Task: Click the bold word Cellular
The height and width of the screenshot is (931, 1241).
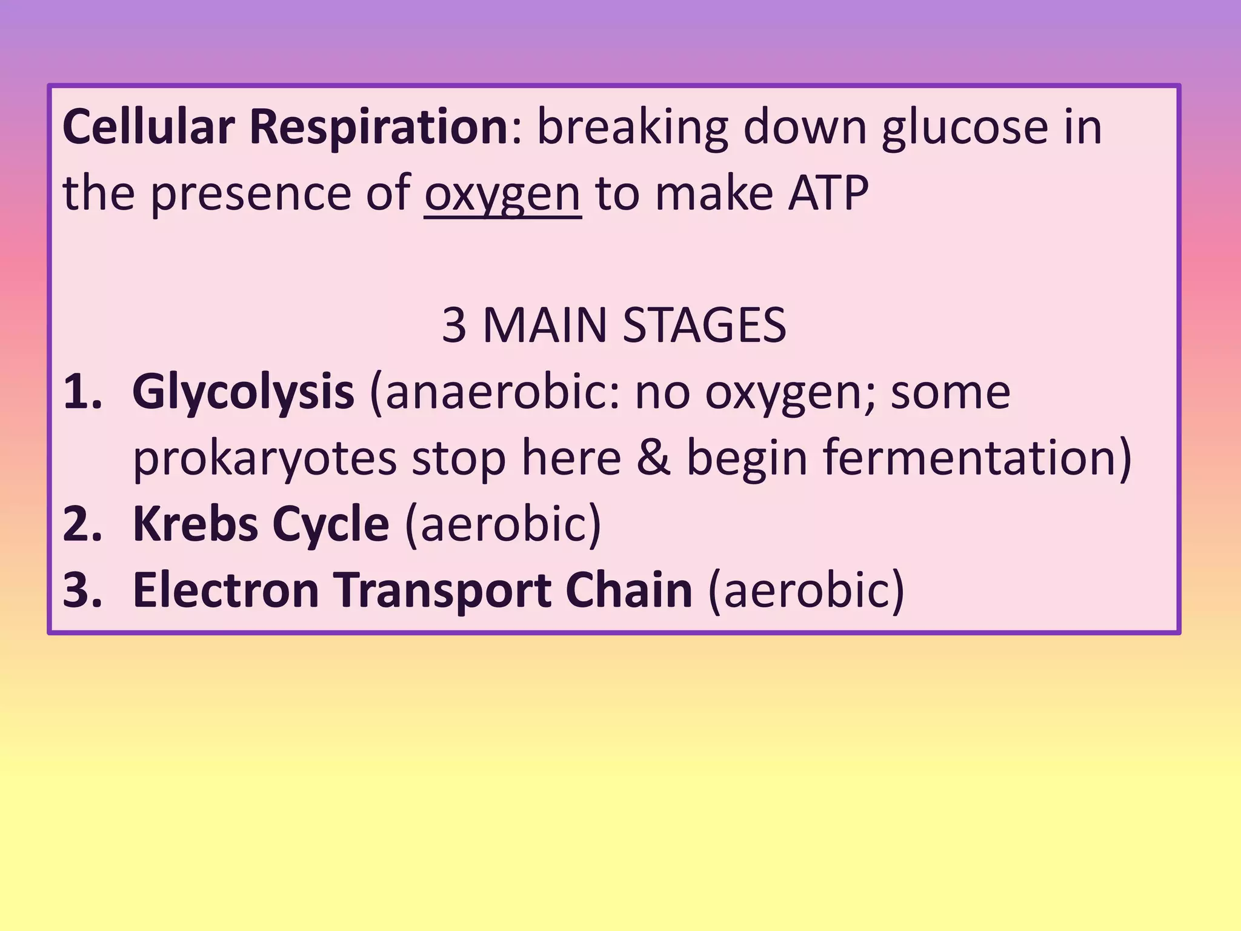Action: pos(148,127)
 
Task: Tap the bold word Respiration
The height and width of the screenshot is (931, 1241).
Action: pos(378,128)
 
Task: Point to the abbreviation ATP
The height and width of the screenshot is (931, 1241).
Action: pos(828,193)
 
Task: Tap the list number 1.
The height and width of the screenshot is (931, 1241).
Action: pos(82,392)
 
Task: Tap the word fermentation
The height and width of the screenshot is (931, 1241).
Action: pos(970,458)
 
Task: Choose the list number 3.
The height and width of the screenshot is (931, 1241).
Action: pos(82,590)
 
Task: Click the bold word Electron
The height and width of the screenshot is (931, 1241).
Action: pos(225,590)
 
